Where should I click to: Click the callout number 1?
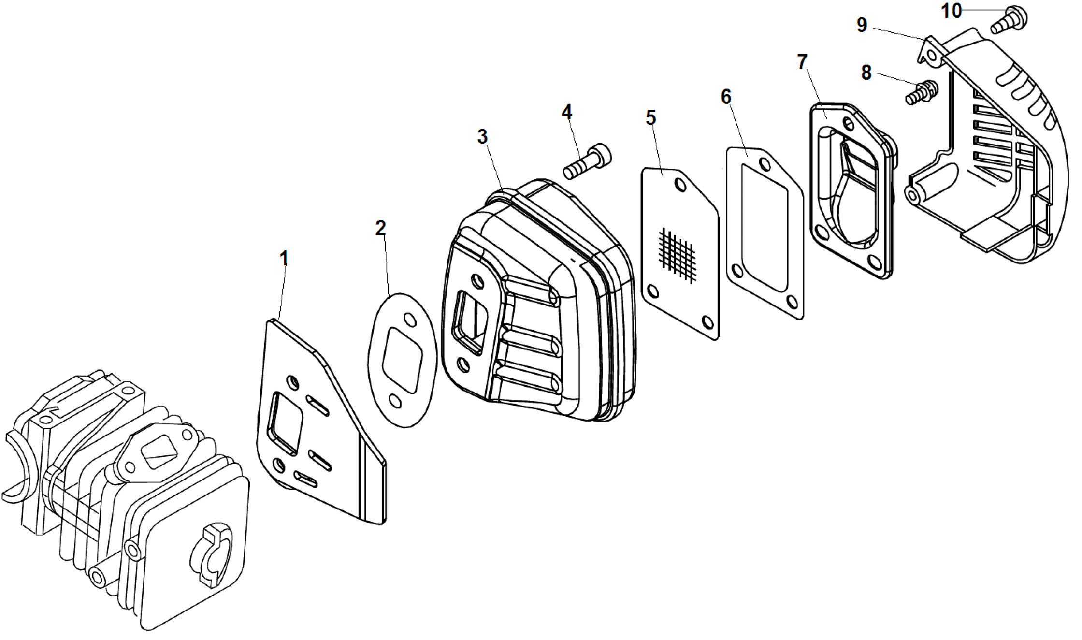click(x=284, y=258)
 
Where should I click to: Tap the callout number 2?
click(x=381, y=228)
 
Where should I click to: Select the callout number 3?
click(x=482, y=137)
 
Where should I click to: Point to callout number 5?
click(x=651, y=117)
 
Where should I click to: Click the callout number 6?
click(x=726, y=97)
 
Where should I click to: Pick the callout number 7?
click(x=802, y=62)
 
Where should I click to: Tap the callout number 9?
click(x=862, y=25)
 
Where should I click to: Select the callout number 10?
click(x=952, y=11)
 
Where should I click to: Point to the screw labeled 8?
click(x=922, y=92)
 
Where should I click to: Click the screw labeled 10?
click(x=1009, y=19)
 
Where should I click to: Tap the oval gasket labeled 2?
click(x=402, y=360)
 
